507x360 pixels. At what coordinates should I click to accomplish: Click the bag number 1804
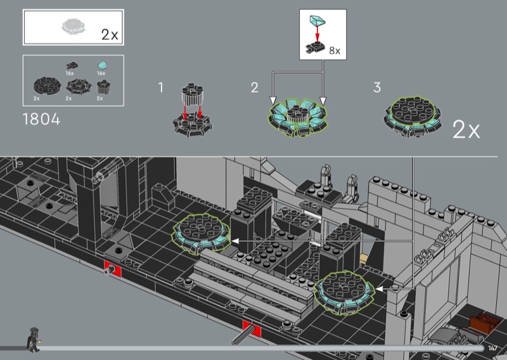[41, 119]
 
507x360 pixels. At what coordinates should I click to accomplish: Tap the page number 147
[493, 348]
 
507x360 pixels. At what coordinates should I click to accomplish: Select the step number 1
[161, 87]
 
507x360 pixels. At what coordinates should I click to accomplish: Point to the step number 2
[255, 87]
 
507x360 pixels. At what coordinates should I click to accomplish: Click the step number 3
[377, 87]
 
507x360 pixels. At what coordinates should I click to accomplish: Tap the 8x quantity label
[335, 51]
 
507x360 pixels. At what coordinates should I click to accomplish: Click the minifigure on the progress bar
[33, 339]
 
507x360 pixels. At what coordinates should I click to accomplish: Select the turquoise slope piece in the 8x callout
[318, 21]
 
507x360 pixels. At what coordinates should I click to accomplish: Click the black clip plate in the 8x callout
[314, 48]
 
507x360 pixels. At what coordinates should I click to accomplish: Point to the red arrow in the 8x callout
[318, 34]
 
